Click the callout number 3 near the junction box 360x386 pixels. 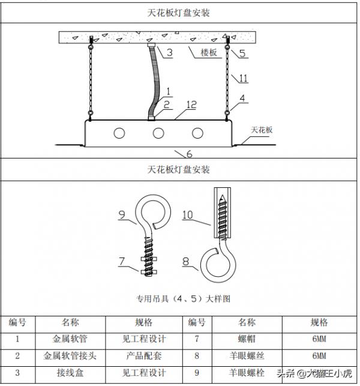[170, 53]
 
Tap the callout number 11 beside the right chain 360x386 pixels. [243, 78]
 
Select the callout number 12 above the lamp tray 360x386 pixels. [191, 105]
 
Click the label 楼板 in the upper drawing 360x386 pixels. [211, 53]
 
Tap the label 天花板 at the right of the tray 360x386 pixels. [262, 129]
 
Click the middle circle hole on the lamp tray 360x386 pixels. [158, 133]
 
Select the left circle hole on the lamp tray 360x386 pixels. [120, 133]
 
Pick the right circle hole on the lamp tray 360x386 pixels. [197, 133]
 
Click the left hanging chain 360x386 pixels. [91, 78]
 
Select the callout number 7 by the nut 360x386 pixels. [121, 261]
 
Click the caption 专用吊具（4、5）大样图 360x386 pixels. [180, 298]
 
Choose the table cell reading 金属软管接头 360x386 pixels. [70, 355]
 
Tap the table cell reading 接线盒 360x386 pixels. [70, 373]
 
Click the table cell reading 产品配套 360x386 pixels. [145, 355]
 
